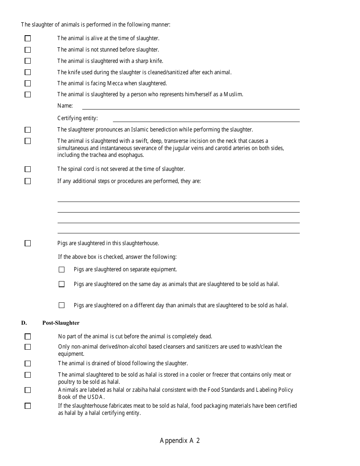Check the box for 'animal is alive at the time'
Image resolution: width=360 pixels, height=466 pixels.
(28, 38)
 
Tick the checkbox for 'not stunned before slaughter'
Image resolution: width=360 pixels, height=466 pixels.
(28, 50)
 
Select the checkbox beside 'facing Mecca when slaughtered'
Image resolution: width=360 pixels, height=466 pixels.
(28, 83)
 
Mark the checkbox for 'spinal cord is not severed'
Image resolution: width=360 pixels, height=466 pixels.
(28, 169)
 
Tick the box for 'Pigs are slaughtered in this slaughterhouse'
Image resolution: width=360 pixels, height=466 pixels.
(28, 243)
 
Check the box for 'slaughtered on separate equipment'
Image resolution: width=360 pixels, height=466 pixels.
(62, 270)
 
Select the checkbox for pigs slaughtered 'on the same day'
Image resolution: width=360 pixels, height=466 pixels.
(62, 284)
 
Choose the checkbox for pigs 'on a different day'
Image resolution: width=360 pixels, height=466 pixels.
(62, 305)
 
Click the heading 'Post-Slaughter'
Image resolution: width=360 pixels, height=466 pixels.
(61, 323)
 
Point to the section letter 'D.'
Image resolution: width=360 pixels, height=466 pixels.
(24, 323)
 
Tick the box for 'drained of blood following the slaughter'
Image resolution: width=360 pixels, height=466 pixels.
(28, 364)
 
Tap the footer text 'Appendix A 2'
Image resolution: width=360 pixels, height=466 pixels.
(180, 441)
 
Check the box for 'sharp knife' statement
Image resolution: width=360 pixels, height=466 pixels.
(28, 61)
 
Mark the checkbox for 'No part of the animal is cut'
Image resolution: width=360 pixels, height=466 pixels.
(28, 336)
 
